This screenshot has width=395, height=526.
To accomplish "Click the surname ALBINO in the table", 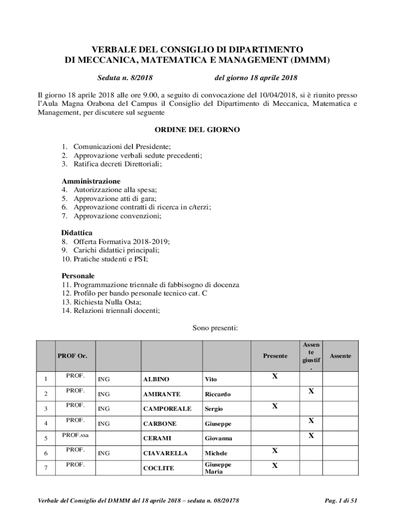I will (x=156, y=379).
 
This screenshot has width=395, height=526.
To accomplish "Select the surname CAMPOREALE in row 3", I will (x=167, y=409).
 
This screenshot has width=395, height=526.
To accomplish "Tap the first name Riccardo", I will (x=218, y=394).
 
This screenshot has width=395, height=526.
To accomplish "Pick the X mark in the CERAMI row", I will (x=311, y=436).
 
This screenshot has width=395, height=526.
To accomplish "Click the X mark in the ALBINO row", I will (x=275, y=377).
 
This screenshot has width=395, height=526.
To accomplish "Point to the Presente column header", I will (x=275, y=355).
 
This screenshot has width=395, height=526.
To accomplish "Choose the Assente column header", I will (x=340, y=355).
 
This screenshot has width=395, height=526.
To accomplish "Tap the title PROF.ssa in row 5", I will (x=75, y=435).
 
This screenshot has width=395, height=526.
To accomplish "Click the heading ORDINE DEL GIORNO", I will (x=197, y=130).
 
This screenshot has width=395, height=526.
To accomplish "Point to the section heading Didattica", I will (x=77, y=233).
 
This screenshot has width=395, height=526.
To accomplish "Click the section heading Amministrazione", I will (x=91, y=181).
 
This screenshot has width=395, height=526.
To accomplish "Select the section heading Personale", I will (x=78, y=276).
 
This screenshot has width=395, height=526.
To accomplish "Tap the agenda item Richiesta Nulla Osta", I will (x=107, y=302).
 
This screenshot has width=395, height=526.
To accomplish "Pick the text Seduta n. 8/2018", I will (x=125, y=78).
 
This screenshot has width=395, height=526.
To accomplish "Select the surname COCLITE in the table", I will (x=159, y=468).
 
